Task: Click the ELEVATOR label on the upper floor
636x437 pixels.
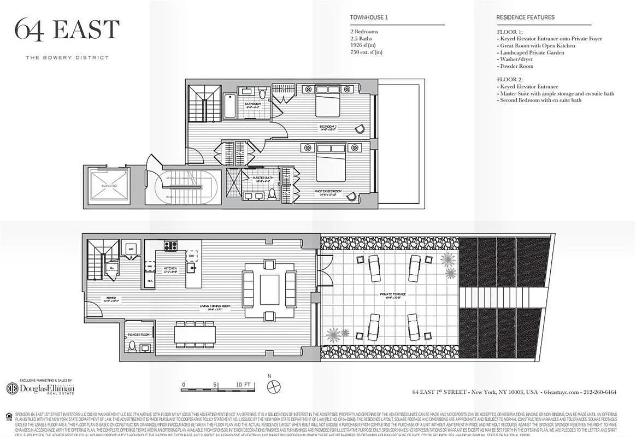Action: [x=109, y=186]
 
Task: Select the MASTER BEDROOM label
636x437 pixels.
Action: [x=328, y=191]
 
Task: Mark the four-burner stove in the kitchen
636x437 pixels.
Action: [x=170, y=246]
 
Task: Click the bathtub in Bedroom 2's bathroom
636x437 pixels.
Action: [x=229, y=107]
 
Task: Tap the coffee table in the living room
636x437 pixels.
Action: [x=269, y=290]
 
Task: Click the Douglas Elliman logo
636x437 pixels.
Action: [x=40, y=388]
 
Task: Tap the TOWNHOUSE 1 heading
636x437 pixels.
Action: [x=369, y=17]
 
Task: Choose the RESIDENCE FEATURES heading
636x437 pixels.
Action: [x=525, y=17]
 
